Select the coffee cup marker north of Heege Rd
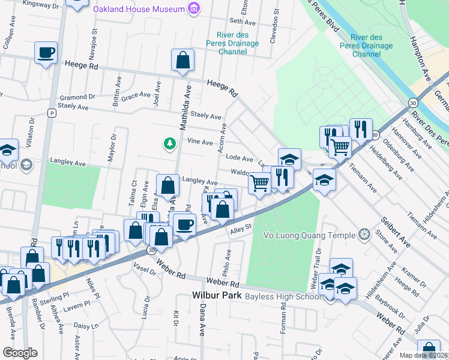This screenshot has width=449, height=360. (46, 53)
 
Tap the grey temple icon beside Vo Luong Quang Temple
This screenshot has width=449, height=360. (364, 233)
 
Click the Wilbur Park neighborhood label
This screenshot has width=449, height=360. (217, 296)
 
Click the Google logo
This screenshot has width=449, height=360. (20, 352)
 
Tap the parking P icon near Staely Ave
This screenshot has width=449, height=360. (52, 113)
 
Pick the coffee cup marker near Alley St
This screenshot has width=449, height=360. (184, 224)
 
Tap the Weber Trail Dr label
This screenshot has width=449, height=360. (314, 266)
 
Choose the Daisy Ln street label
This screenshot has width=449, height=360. (86, 326)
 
